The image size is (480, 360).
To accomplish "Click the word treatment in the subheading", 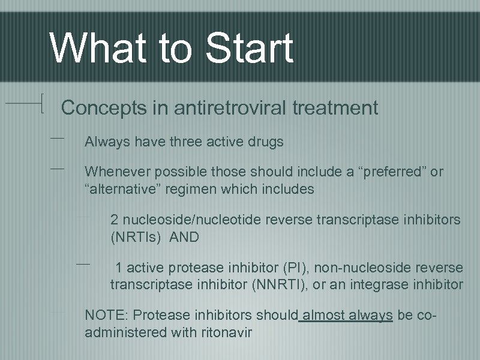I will click(335, 108).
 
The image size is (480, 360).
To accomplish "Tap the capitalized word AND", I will click(185, 237).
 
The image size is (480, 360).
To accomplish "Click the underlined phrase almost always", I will click(347, 315).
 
